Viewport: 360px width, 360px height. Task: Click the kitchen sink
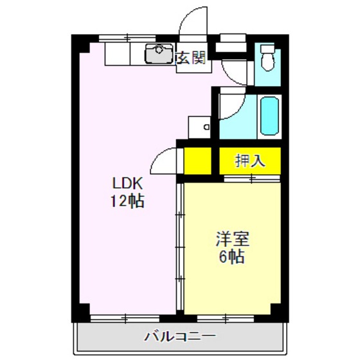158,55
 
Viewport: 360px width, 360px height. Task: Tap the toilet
267,59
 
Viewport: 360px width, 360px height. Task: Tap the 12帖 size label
125,200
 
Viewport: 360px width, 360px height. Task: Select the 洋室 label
231,240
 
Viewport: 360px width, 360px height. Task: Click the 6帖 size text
231,258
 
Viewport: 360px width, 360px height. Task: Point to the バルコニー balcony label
180,336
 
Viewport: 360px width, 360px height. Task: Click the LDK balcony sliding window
125,318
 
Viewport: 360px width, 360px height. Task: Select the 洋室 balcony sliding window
233,318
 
